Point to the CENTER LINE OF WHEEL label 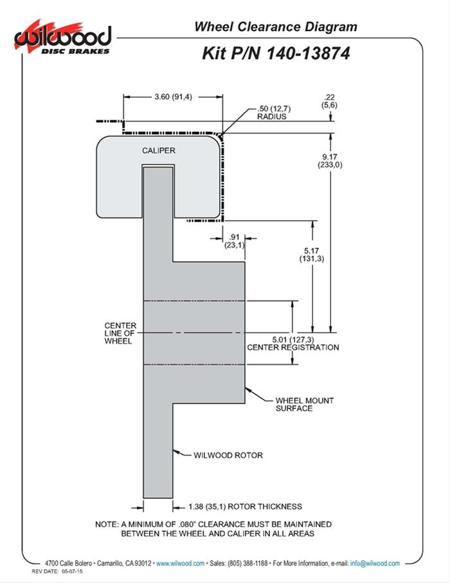(x=118, y=333)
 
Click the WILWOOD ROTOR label (x=228, y=455)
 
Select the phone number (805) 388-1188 (x=244, y=563)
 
